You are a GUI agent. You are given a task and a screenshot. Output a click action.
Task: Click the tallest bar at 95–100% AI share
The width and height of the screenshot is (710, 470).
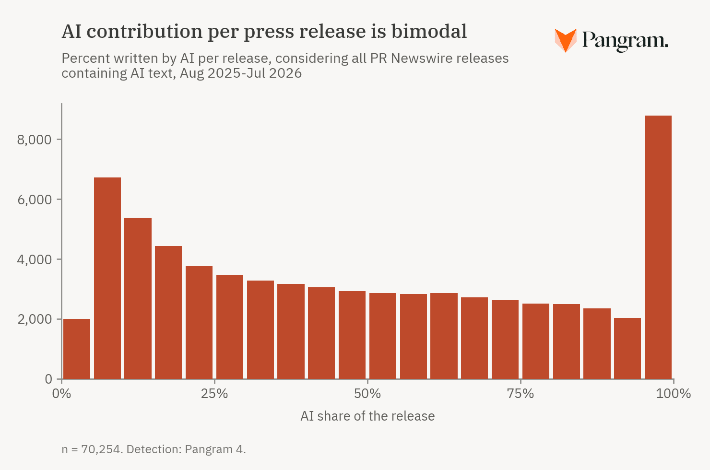coord(658,247)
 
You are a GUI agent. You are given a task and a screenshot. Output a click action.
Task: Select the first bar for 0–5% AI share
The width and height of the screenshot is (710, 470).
coord(77,349)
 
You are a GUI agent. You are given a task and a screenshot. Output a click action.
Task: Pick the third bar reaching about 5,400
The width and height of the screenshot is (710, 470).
coord(138,298)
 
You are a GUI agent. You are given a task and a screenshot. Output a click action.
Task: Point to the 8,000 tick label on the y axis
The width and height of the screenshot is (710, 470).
coord(34,140)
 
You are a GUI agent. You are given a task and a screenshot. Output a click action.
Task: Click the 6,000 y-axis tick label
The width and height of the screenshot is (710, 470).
coord(34,200)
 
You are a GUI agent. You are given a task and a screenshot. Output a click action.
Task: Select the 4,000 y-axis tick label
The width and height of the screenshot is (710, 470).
coord(34,259)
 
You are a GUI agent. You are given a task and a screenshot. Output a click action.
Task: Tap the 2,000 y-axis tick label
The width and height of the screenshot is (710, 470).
coord(34,319)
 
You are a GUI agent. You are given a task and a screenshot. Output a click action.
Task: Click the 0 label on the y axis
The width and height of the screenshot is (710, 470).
coord(48,379)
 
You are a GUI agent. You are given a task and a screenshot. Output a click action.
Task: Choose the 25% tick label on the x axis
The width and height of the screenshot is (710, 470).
coord(214,394)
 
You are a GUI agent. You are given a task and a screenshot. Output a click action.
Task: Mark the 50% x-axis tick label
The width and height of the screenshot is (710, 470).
coord(367,394)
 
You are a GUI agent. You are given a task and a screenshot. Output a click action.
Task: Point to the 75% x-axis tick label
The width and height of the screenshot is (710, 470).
coord(521,394)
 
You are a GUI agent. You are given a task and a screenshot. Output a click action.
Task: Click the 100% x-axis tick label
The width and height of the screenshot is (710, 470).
coord(673,394)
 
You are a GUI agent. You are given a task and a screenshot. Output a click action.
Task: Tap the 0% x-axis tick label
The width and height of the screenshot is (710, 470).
coord(61,394)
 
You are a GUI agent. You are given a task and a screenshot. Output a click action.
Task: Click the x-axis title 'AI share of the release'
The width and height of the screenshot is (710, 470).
coord(367,416)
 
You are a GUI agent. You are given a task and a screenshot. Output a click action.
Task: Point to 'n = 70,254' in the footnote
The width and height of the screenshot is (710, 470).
coord(92,449)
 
